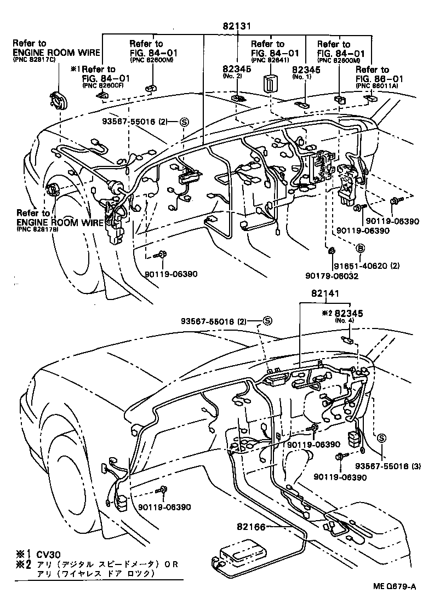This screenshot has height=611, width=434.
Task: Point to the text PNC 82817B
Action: click(37, 229)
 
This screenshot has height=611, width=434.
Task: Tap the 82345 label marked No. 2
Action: click(236, 70)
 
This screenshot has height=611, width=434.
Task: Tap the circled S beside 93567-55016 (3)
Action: click(381, 438)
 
